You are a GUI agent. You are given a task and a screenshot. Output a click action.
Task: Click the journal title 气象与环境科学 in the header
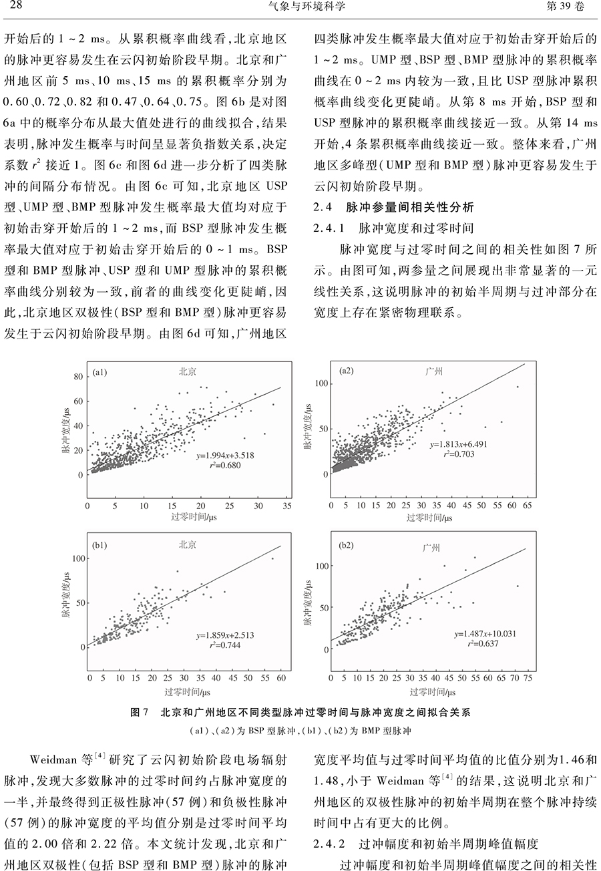pyautogui.click(x=300, y=7)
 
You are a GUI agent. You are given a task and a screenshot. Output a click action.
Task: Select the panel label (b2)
pyautogui.click(x=347, y=546)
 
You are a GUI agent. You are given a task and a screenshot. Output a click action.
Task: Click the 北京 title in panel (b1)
pyautogui.click(x=188, y=545)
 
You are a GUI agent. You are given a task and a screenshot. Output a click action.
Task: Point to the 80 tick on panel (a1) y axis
pyautogui.click(x=78, y=377)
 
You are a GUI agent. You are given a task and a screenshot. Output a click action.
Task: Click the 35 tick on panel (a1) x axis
pyautogui.click(x=286, y=507)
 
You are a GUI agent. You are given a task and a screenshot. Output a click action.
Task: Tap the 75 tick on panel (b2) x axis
pyautogui.click(x=527, y=679)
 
